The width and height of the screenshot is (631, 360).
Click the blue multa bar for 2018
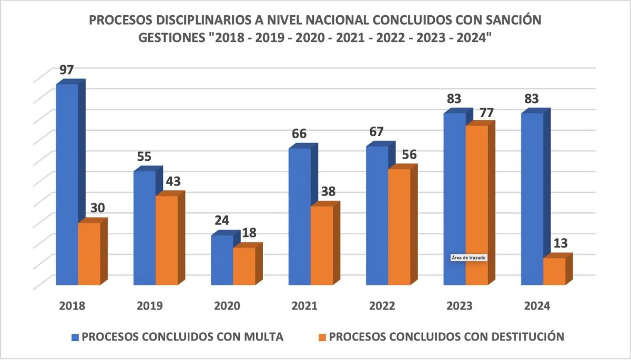67,184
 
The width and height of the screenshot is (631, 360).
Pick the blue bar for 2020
222,260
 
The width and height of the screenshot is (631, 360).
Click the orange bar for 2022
399,227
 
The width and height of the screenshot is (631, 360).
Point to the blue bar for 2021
299,217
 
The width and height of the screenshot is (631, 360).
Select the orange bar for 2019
167,240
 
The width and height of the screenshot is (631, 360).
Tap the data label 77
479,113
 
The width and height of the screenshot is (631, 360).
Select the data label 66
299,135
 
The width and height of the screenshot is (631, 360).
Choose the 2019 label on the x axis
149,306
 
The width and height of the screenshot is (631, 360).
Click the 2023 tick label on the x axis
459,306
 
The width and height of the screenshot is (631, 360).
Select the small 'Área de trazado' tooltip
469,258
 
